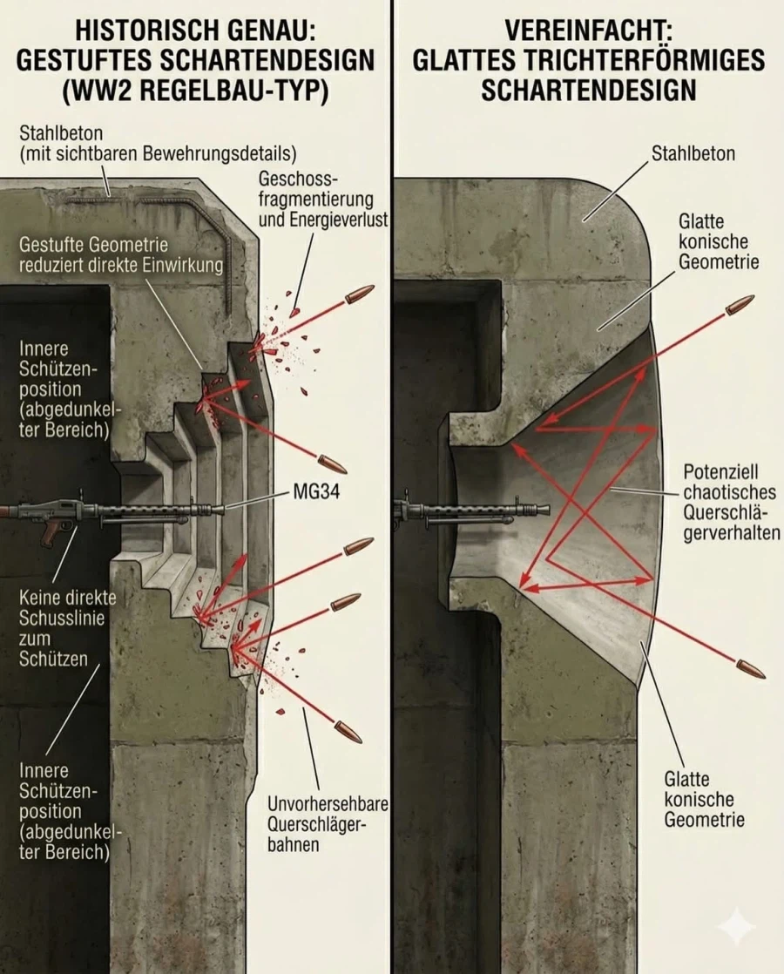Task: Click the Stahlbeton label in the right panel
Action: point(693,154)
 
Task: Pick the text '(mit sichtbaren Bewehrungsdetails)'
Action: point(158,155)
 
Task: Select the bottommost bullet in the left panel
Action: point(348,733)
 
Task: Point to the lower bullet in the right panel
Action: point(750,669)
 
